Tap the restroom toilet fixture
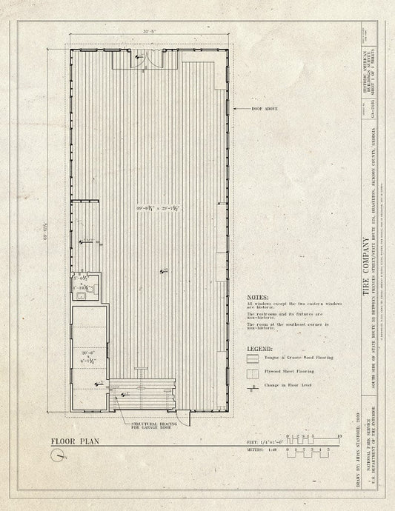[87, 292]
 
